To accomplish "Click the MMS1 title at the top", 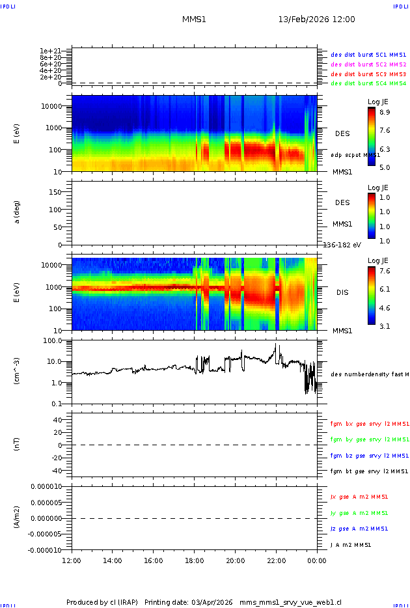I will click(194, 20).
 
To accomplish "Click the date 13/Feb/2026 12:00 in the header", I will click(316, 20).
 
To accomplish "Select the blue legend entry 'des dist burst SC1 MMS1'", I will click(368, 55).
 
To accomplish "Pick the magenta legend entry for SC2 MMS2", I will click(368, 64).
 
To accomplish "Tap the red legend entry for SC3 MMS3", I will click(368, 74).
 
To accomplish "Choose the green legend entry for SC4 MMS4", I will click(368, 83).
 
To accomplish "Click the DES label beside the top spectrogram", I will click(342, 133).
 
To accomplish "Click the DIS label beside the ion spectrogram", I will click(342, 292).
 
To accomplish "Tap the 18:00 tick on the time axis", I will click(195, 560).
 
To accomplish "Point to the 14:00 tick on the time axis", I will click(113, 560).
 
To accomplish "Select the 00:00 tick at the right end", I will click(317, 560).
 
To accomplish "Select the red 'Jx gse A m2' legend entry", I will click(359, 497).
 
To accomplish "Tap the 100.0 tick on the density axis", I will click(53, 340).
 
